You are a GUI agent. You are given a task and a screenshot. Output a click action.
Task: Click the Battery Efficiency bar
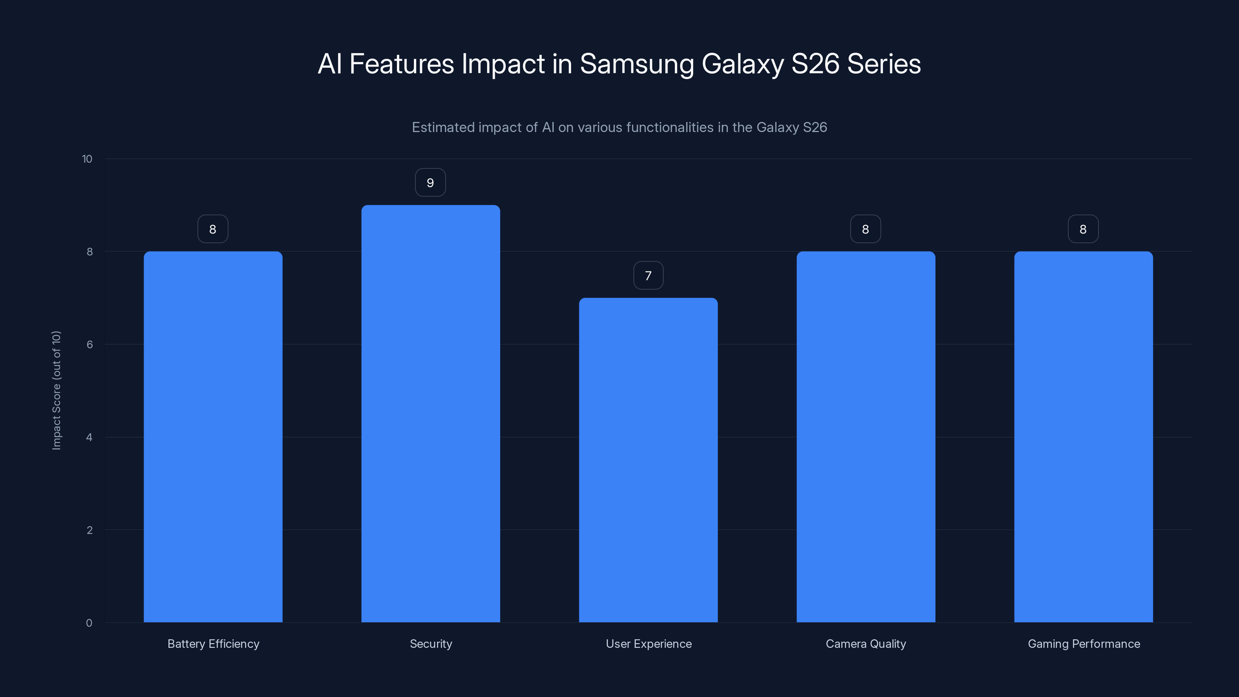tap(213, 437)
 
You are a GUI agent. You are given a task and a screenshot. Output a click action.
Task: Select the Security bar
tap(431, 414)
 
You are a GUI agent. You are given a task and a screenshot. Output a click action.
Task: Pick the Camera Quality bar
tap(866, 437)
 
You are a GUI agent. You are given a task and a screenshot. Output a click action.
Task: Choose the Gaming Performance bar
tap(1083, 437)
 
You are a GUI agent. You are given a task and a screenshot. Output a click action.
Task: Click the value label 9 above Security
tap(431, 183)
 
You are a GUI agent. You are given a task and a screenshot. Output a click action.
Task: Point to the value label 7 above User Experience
tap(649, 276)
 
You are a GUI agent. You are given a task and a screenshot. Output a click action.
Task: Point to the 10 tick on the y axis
tap(87, 159)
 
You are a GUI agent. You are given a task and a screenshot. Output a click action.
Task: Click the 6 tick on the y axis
tap(89, 344)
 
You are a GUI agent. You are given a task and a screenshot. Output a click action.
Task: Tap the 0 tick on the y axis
tap(89, 623)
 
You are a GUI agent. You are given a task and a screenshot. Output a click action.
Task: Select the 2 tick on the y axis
tap(89, 530)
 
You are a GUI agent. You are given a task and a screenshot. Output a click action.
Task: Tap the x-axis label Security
tap(431, 644)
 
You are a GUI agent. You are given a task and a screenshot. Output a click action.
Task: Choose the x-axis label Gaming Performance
tap(1084, 644)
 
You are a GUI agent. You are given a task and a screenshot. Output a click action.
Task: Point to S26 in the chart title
tap(815, 64)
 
